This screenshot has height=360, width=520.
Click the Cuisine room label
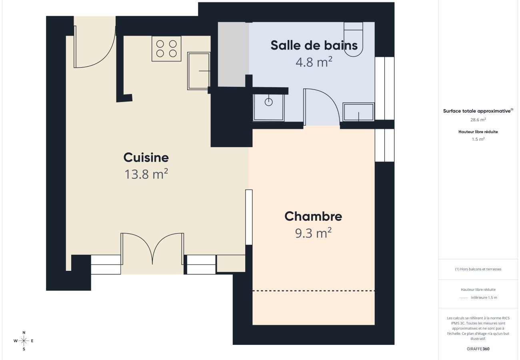146,158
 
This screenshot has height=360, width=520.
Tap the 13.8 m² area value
146,174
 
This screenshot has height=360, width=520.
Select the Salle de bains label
314,45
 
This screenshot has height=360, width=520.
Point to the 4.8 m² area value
314,62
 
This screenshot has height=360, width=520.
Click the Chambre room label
313,216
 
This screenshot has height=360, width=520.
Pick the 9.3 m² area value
313,233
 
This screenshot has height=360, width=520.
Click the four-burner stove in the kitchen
166,48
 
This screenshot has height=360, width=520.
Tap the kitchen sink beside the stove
199,71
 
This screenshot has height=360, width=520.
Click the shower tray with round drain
268,107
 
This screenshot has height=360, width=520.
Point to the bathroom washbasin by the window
358,112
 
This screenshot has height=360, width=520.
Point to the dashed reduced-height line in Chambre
314,291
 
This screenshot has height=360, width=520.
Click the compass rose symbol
24,341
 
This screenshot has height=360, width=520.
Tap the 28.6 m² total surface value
478,120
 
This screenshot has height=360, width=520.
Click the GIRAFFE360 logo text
478,349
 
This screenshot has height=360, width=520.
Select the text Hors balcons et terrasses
478,269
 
